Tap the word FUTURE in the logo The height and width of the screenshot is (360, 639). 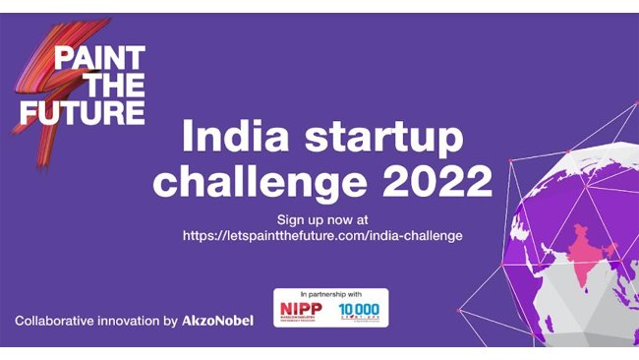tap(84, 110)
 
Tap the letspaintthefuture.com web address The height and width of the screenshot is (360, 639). tap(322, 236)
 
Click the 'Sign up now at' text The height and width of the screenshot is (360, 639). tap(321, 218)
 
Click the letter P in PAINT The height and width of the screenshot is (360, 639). tap(61, 57)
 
